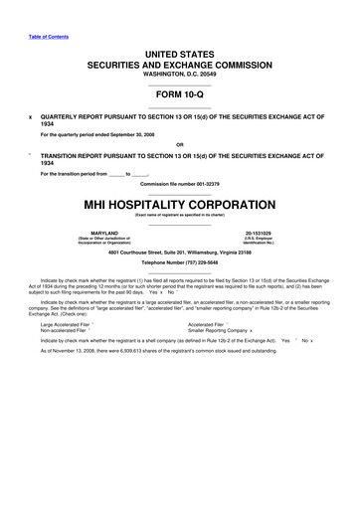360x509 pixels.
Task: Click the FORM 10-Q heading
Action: [179, 97]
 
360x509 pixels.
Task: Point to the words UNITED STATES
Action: [179, 50]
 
